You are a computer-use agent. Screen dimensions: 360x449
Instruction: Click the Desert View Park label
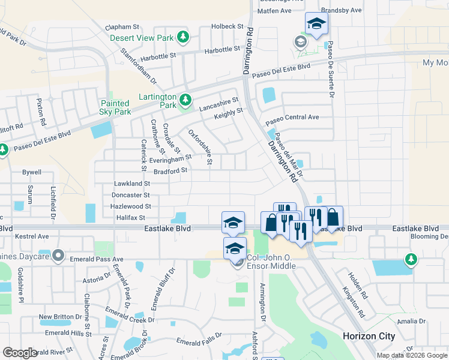point(142,38)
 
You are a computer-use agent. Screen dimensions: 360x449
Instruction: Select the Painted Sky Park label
point(115,107)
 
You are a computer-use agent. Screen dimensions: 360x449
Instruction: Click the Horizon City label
point(369,336)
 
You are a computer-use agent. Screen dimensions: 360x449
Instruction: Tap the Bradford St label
point(171,170)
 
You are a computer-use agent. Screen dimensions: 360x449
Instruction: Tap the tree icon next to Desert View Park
point(185,38)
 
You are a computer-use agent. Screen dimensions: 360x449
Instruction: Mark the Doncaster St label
point(130,195)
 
